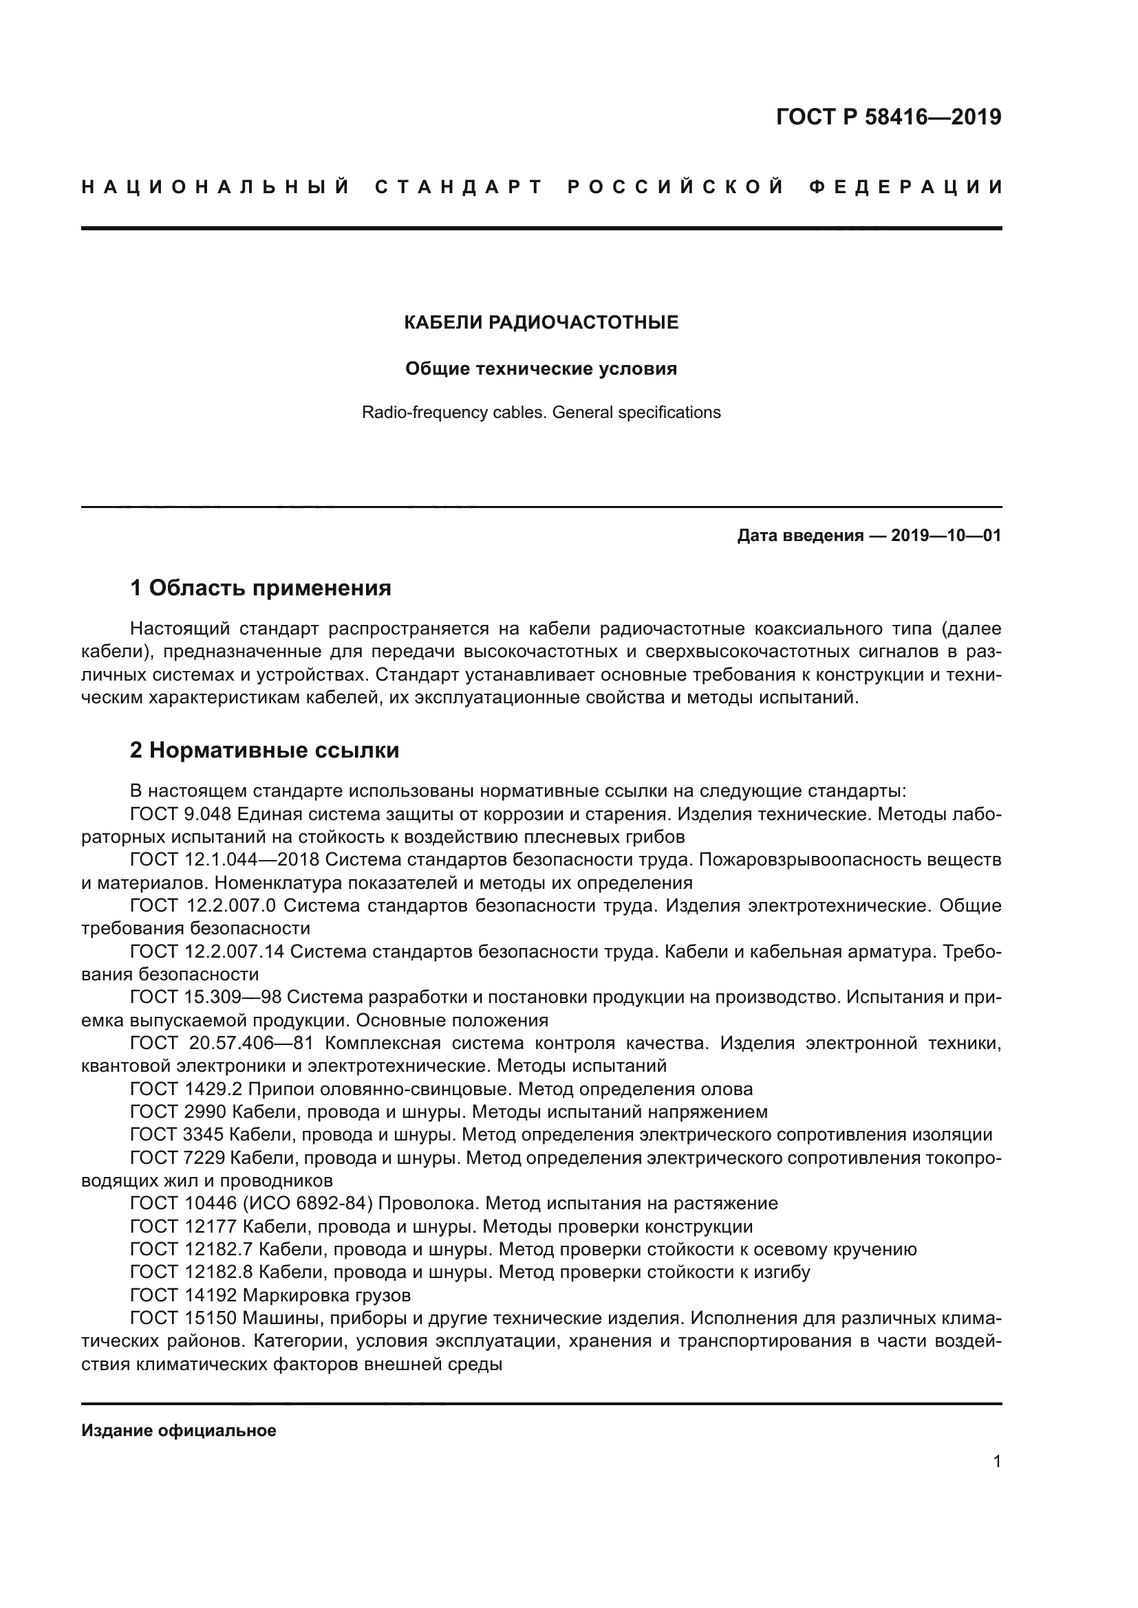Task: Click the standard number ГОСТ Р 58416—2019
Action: (x=888, y=117)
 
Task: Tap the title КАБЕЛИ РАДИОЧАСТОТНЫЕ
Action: (x=541, y=322)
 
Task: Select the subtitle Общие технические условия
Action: (x=541, y=368)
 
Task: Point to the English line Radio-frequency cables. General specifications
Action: (x=541, y=412)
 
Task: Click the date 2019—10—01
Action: (x=946, y=536)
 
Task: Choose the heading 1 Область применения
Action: (x=261, y=588)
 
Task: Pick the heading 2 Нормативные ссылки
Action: (x=264, y=750)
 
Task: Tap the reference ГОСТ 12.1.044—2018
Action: (x=224, y=859)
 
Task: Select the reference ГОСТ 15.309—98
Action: (x=205, y=997)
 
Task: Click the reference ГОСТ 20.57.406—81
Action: (x=222, y=1043)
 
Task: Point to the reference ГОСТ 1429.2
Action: (x=186, y=1089)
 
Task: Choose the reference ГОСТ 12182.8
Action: (x=191, y=1272)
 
